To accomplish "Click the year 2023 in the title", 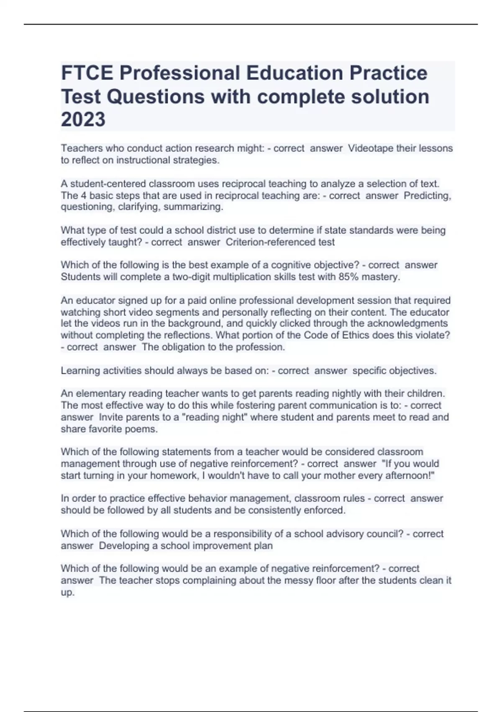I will [83, 120].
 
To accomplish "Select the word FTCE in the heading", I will [87, 73].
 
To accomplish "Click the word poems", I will [144, 429].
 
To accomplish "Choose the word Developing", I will [123, 546].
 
